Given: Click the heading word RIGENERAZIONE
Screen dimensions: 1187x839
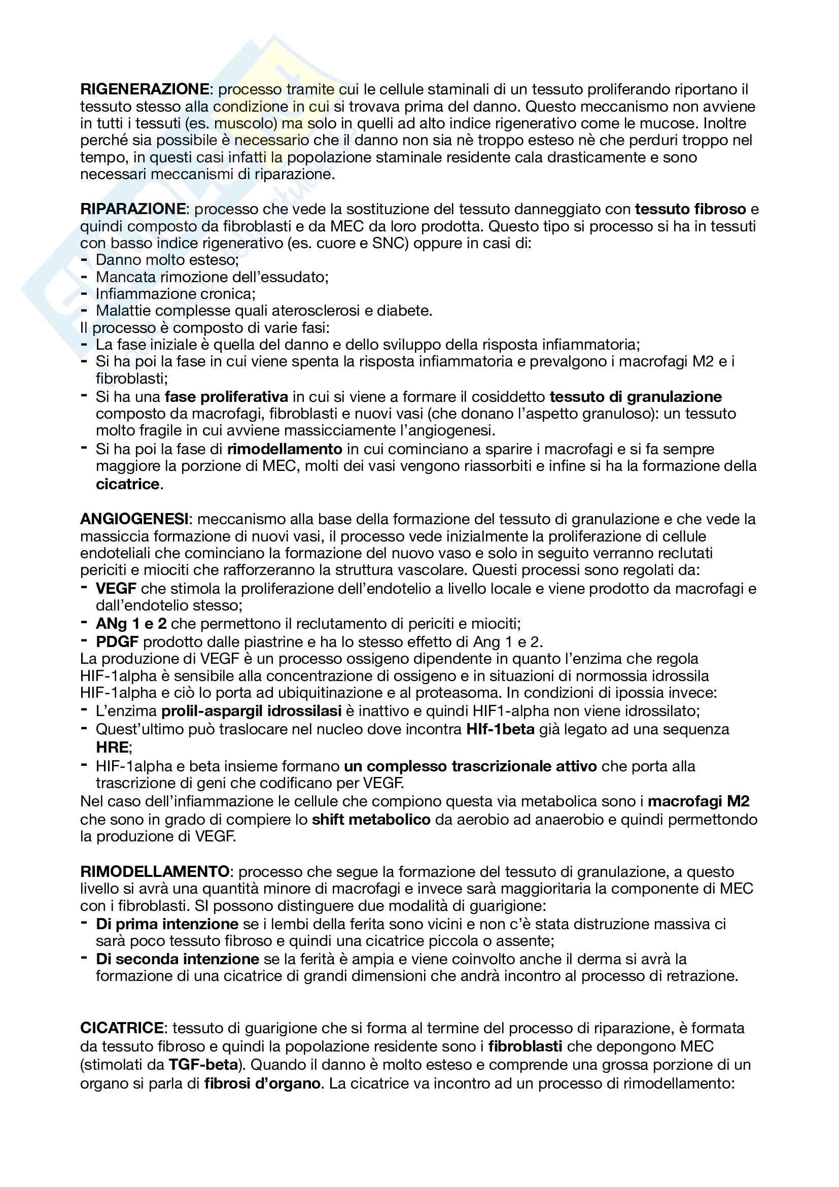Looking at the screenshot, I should click(145, 89).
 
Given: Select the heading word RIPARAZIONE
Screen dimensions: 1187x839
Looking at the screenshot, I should click(133, 209).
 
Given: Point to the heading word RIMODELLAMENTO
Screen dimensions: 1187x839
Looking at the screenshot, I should click(155, 872).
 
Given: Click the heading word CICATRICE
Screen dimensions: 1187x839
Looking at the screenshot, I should click(122, 1028).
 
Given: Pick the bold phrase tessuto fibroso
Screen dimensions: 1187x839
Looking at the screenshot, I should click(690, 209).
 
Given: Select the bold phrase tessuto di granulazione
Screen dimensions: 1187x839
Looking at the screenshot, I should click(636, 396).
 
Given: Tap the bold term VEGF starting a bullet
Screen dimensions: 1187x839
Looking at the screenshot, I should click(116, 588).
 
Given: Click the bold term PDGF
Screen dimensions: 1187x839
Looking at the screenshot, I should click(117, 641).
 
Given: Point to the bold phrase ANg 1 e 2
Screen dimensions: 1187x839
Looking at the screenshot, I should click(131, 624).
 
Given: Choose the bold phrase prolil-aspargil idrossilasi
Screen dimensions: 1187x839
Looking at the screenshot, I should click(252, 711).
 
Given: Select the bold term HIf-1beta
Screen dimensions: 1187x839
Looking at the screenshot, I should click(500, 729).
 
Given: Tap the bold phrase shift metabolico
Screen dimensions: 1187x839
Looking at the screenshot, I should click(371, 820).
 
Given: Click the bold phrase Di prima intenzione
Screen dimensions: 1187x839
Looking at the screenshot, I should click(167, 924).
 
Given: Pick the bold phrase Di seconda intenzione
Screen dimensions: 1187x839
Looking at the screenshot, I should click(177, 959).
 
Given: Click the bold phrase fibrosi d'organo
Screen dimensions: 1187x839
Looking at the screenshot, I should click(262, 1083).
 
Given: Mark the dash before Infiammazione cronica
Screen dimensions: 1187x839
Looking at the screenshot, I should click(84, 293).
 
